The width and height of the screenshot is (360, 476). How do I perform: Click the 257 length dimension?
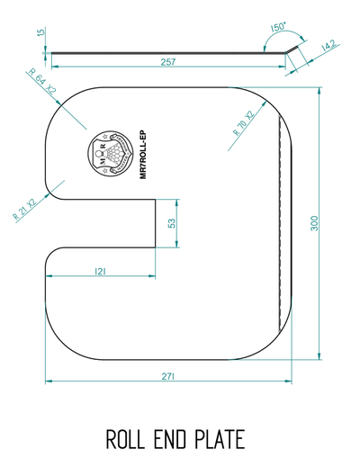click(x=166, y=63)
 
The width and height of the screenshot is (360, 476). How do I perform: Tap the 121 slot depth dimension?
click(x=102, y=271)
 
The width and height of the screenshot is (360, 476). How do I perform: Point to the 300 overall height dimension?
click(x=314, y=223)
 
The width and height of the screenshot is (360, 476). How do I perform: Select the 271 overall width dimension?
click(x=167, y=375)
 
